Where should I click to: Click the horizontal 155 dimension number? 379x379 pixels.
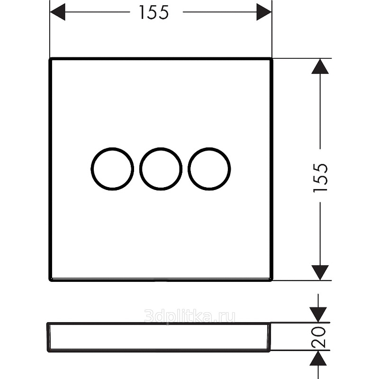tap(153, 12)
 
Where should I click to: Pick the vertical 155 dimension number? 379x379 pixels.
tap(320, 178)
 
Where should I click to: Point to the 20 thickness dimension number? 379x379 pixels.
tap(318, 337)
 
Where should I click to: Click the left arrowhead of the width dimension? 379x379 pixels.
tap(57, 12)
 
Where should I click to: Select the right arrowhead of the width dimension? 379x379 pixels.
tap(264, 12)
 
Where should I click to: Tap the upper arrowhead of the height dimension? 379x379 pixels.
tap(320, 66)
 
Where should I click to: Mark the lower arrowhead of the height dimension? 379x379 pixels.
tap(320, 273)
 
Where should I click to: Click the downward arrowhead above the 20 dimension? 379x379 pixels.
tap(318, 315)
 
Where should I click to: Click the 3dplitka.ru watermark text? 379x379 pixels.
tap(189, 316)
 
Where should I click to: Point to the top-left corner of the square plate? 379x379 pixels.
tap(50, 58)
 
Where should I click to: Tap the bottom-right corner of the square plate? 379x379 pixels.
tap(272, 280)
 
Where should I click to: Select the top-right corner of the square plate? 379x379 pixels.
tap(272, 58)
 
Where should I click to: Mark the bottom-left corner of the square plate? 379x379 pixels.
tap(50, 280)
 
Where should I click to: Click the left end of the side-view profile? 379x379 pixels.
tap(48, 337)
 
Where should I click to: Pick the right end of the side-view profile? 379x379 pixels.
tap(270, 337)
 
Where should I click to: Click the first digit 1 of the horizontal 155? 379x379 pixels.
tap(142, 12)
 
